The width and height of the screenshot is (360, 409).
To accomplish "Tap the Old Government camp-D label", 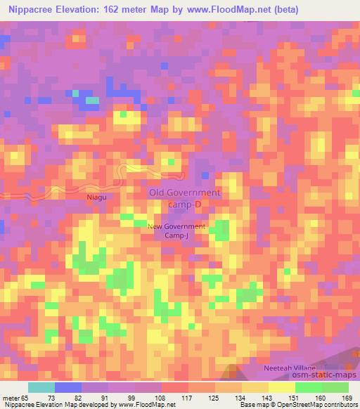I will coord(185,197).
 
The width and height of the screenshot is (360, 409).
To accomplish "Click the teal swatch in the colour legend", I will coord(41,387).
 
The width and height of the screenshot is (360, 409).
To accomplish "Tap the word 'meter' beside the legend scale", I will coord(10,398).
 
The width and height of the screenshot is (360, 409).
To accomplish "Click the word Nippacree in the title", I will coord(32,10).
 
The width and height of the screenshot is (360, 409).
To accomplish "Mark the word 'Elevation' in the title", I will coord(89,10).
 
